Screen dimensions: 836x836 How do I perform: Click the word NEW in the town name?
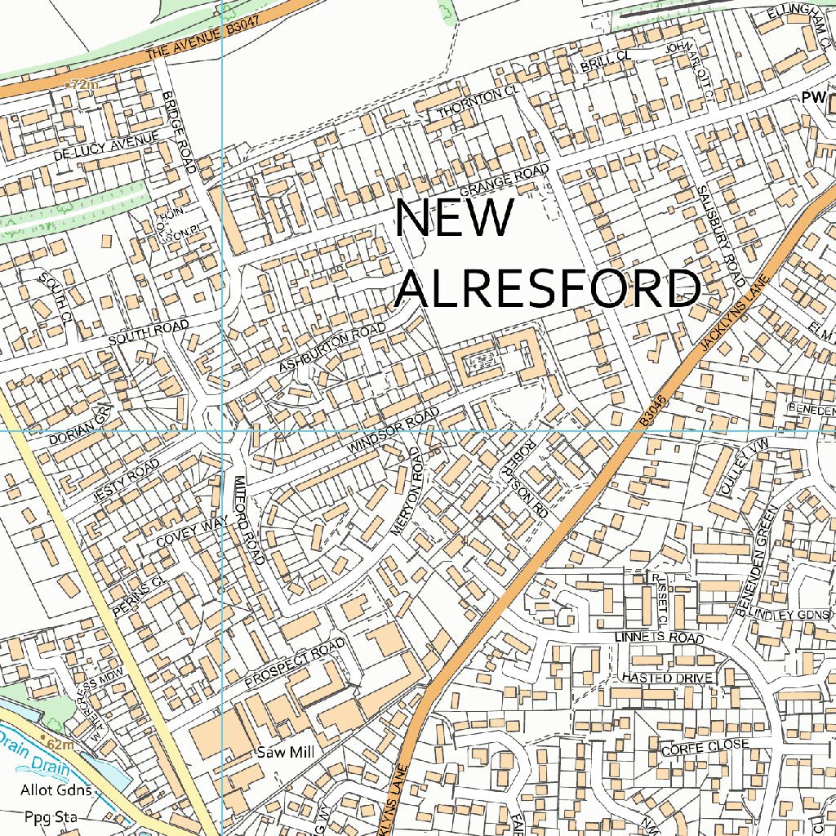[455, 220]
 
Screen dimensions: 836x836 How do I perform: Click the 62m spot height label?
[58, 745]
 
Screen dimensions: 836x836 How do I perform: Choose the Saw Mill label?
[286, 751]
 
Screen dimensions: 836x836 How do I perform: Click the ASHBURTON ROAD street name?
[331, 348]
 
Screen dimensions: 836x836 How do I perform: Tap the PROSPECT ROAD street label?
[295, 662]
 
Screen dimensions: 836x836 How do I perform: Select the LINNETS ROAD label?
[660, 637]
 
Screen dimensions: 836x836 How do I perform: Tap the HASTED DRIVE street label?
[667, 678]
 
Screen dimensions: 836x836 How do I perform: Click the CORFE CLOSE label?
[705, 746]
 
